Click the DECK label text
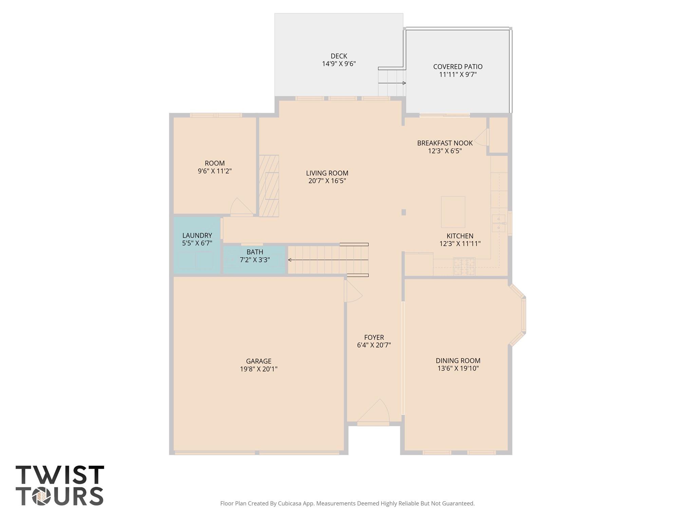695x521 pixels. [339, 56]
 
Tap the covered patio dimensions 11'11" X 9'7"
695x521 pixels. [458, 75]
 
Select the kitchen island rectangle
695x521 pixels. [453, 212]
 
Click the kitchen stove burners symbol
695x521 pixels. [464, 267]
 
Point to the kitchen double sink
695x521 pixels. [499, 223]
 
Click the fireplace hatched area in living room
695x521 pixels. [269, 186]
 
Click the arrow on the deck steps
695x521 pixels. [403, 83]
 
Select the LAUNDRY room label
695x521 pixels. [197, 235]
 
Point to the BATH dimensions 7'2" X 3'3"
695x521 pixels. [255, 260]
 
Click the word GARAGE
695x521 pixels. [259, 361]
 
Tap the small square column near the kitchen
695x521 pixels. [403, 212]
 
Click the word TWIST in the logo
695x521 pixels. [60, 475]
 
